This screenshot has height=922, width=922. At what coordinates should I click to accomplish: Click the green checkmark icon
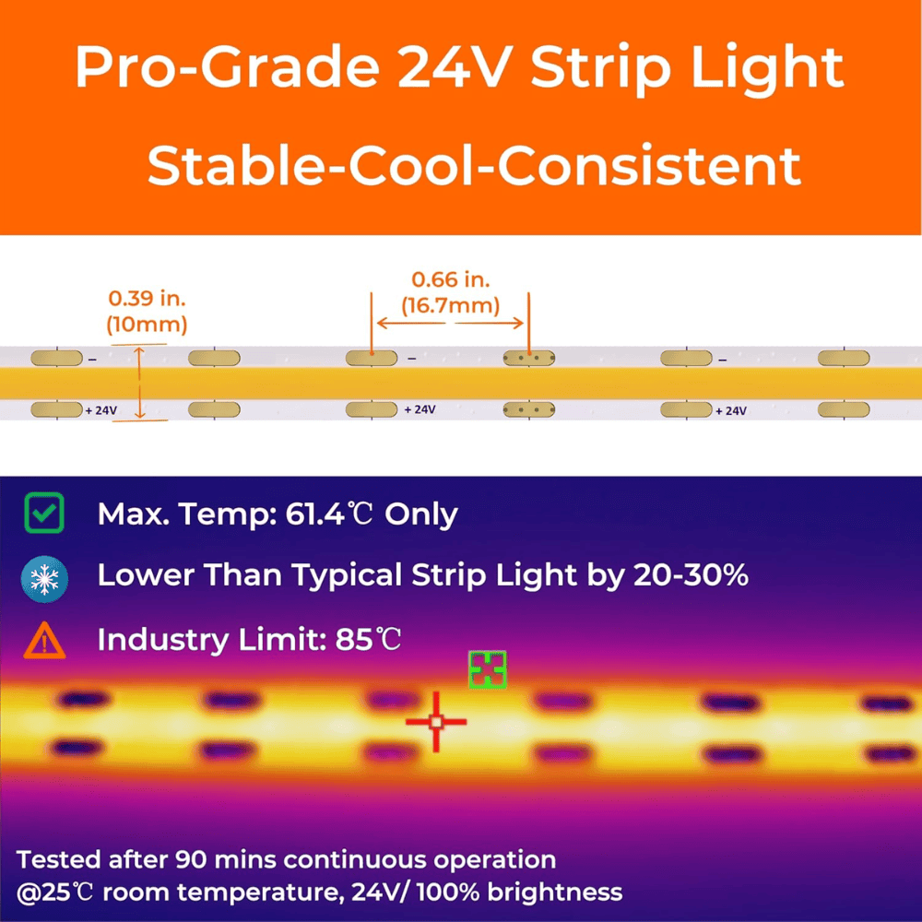(44, 514)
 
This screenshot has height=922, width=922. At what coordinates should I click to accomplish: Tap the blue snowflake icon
(44, 578)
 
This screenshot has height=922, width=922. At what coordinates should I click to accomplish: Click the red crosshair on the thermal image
(436, 722)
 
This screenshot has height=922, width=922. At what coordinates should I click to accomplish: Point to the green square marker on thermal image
(487, 669)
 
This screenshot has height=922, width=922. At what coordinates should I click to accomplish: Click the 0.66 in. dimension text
(451, 279)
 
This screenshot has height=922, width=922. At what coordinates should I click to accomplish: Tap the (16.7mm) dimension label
(451, 304)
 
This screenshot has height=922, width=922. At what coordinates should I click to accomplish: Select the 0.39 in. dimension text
(148, 299)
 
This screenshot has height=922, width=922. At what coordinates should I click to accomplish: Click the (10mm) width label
(148, 324)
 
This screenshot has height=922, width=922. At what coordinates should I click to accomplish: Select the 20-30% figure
(690, 575)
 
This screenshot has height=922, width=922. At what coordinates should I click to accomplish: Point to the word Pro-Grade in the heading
(220, 68)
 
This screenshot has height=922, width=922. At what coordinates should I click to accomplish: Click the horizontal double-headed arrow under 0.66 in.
(451, 323)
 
